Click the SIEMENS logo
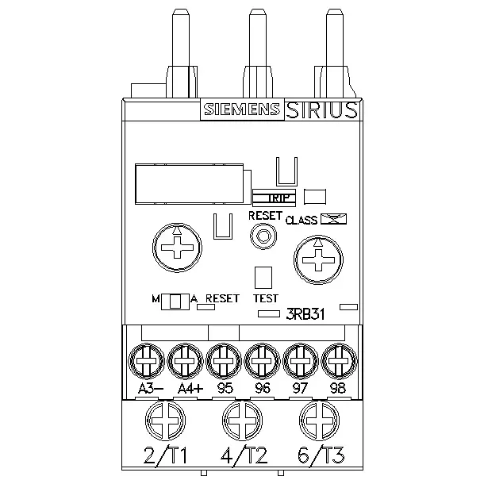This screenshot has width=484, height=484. [x=242, y=109]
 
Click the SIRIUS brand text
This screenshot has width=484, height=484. [x=321, y=110]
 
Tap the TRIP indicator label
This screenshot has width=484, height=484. [x=278, y=198]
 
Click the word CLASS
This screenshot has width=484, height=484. [x=302, y=220]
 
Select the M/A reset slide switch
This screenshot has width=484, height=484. [x=175, y=302]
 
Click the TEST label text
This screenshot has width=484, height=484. [x=266, y=298]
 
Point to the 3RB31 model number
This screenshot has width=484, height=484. [x=305, y=314]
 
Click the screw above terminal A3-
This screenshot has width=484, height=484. [x=146, y=361]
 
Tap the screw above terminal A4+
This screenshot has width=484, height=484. [x=185, y=361]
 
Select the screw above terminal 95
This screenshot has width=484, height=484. [x=224, y=361]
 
